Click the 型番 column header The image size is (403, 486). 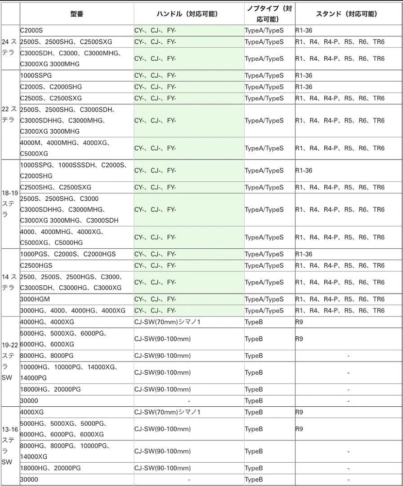77,14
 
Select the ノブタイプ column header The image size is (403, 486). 269,14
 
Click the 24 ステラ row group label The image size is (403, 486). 10,47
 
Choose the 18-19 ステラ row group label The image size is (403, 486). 10,204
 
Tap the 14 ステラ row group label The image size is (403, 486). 10,282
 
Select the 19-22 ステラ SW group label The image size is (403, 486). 10,361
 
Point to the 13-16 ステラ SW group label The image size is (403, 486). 10,446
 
